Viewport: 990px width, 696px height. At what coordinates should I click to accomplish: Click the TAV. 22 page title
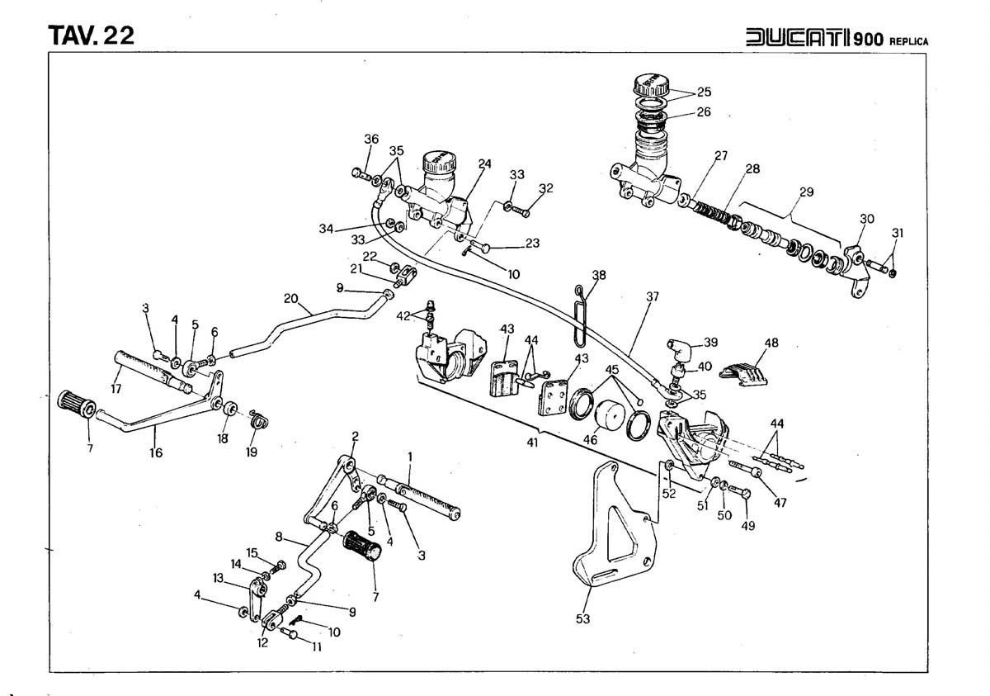pyautogui.click(x=92, y=36)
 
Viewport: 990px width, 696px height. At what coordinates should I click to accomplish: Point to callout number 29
pyautogui.click(x=806, y=192)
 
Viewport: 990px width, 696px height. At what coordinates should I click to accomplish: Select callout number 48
pyautogui.click(x=771, y=342)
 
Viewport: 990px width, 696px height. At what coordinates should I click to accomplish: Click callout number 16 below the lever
pyautogui.click(x=156, y=452)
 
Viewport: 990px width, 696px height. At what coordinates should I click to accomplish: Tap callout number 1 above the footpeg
pyautogui.click(x=409, y=456)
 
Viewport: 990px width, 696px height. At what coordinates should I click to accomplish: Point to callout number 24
pyautogui.click(x=484, y=163)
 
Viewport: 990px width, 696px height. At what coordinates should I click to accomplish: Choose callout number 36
pyautogui.click(x=371, y=140)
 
